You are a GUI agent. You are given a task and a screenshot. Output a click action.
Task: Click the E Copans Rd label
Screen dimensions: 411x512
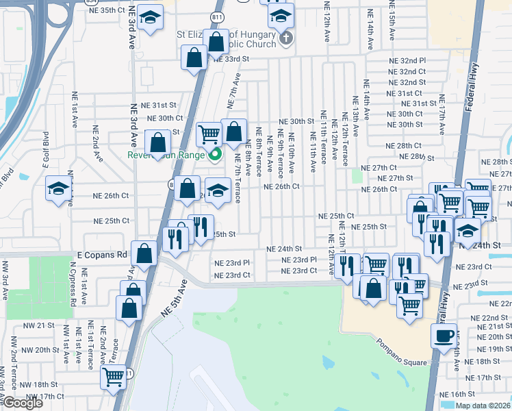pyautogui.click(x=103, y=254)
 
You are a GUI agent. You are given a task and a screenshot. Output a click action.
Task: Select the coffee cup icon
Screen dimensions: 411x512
pyautogui.click(x=444, y=335)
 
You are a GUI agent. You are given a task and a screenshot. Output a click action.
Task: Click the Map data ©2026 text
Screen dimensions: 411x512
pyautogui.click(x=483, y=406)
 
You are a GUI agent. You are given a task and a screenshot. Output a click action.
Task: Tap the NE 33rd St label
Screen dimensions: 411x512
pyautogui.click(x=230, y=60)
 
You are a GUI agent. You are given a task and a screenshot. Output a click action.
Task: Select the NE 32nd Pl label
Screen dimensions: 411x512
pyautogui.click(x=408, y=61)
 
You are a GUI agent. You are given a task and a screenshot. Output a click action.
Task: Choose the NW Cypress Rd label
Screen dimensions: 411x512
pyautogui.click(x=73, y=287)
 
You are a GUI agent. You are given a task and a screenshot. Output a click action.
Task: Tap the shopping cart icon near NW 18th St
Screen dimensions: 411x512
pyautogui.click(x=113, y=376)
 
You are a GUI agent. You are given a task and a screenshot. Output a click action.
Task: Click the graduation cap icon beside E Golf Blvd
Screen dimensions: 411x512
pyautogui.click(x=58, y=188)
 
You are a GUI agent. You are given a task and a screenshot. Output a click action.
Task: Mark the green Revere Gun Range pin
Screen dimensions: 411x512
pyautogui.click(x=215, y=154)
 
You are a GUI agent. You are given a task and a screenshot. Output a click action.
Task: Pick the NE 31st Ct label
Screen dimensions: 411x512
pyautogui.click(x=404, y=93)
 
